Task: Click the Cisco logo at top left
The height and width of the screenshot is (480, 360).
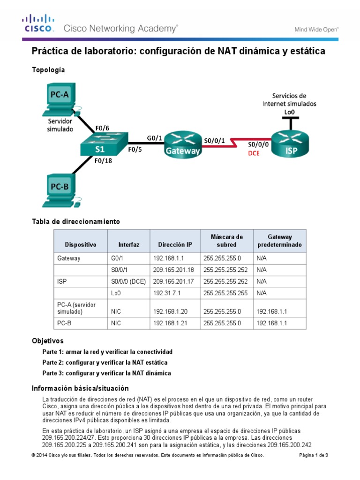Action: (39, 23)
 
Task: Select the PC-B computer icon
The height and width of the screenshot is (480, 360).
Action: (60, 190)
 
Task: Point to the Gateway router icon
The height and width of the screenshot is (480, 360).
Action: (182, 143)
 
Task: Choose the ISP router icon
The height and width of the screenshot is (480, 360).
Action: (291, 143)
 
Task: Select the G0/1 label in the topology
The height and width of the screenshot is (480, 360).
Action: (154, 137)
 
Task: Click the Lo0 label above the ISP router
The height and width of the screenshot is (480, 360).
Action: (289, 112)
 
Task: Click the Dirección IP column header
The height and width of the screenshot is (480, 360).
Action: (175, 245)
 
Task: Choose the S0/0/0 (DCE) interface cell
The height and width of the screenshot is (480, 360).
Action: (128, 281)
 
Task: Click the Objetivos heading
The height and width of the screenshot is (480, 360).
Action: (47, 341)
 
